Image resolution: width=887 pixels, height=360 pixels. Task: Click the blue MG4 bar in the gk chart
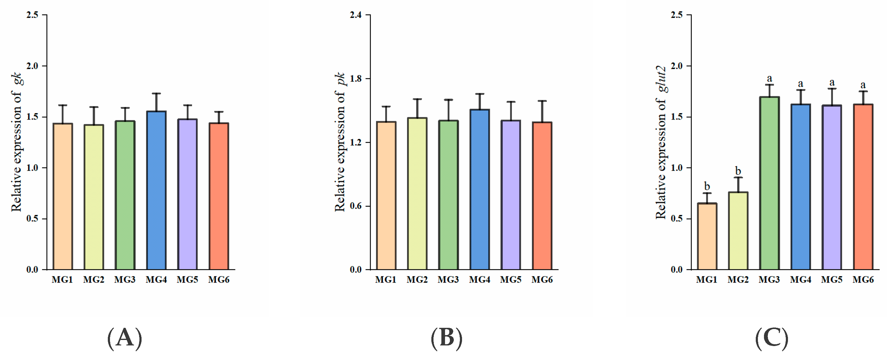coord(156,190)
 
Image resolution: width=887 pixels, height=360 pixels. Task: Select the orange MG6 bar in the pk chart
coord(542,196)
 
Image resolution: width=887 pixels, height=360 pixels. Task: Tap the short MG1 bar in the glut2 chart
coord(707,236)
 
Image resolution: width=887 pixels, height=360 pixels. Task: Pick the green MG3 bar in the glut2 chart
coord(769,183)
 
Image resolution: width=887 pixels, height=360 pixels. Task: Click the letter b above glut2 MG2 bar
coord(738,171)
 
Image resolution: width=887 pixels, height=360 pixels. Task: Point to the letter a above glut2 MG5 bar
coord(832,83)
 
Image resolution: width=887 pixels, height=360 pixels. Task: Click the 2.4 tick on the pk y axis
coord(356,15)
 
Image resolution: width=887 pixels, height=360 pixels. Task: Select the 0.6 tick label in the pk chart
coord(356,206)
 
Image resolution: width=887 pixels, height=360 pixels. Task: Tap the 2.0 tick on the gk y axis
coord(33,66)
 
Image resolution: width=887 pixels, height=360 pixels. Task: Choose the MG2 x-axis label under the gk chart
coord(94,280)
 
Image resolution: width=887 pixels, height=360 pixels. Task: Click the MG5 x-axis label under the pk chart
coord(511,280)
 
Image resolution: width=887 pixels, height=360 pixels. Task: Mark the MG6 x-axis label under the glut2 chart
coord(863,280)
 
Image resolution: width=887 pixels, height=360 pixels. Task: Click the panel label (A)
coord(125,338)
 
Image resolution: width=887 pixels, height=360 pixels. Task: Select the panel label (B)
coord(447,338)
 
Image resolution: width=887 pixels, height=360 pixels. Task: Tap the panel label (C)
coord(772,338)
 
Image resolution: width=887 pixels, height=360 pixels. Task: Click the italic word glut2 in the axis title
coord(662,79)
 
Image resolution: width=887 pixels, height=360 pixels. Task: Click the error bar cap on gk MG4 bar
coord(156,93)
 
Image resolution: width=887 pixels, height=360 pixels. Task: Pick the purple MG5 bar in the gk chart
coord(187,195)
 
